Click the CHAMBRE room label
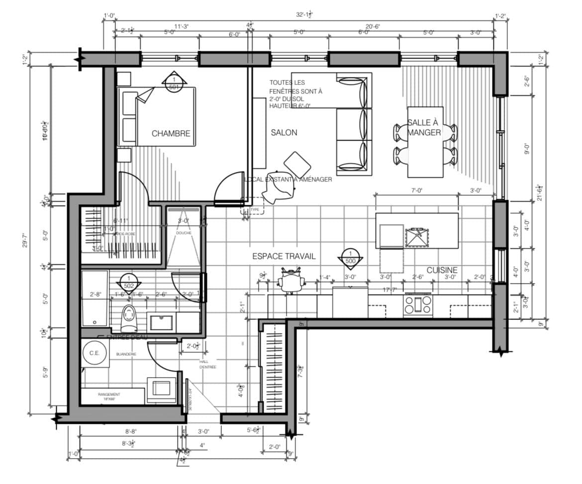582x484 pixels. pos(171,134)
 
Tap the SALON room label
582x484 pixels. pos(284,133)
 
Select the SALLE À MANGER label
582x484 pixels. pos(424,128)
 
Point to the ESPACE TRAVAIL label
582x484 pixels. pos(284,256)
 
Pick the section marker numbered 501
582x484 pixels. pos(174,83)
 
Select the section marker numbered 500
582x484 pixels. pos(350,257)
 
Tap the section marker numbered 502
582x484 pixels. pos(129,282)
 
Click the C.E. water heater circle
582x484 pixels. pos(95,354)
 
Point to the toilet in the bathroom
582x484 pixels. pos(129,318)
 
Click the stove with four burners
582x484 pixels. pos(417,304)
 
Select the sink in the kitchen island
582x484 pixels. pos(416,237)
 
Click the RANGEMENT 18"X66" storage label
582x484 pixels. pos(109,396)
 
